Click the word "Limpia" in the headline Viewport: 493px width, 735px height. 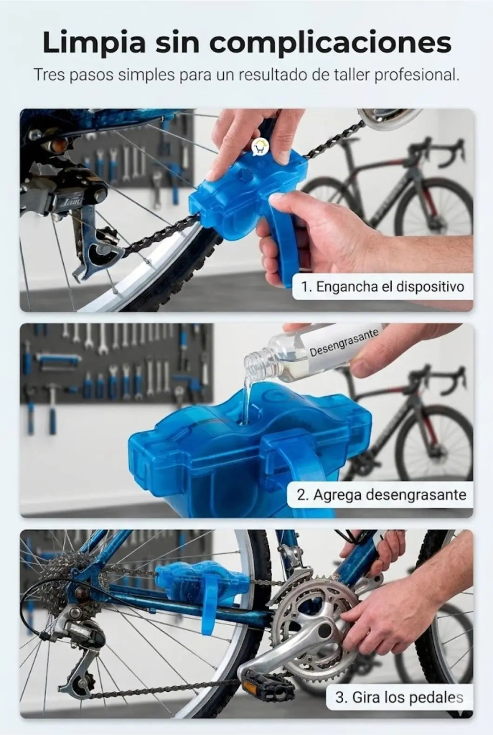(94, 43)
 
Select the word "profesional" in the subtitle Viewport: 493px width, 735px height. (417, 75)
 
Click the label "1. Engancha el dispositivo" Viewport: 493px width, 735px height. (383, 287)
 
